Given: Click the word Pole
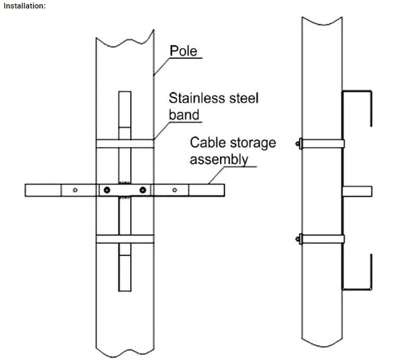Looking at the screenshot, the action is click(x=183, y=51).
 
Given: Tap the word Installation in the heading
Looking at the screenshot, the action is click(x=24, y=6).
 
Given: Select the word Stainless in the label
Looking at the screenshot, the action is click(x=196, y=98).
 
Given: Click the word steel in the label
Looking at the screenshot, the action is click(x=243, y=98).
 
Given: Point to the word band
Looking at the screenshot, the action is click(x=184, y=115).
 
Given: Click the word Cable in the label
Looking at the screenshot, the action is click(x=207, y=142).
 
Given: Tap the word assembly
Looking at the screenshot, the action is click(x=219, y=160).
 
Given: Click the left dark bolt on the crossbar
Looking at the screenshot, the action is click(x=107, y=190).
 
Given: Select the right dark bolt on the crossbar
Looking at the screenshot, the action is click(x=143, y=190).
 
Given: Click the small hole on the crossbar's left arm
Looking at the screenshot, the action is click(x=75, y=190).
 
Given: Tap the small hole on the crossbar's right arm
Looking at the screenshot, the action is click(x=175, y=190).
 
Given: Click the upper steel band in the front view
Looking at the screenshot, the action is click(x=125, y=144).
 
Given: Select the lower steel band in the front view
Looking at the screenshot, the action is click(x=125, y=239).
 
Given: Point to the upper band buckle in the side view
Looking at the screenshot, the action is click(x=299, y=144).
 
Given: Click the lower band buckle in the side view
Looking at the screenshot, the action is click(x=299, y=239).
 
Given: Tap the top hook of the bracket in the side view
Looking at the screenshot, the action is click(x=357, y=91).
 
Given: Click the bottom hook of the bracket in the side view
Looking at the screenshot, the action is click(x=357, y=289).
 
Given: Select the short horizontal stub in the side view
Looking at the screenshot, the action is click(x=357, y=192).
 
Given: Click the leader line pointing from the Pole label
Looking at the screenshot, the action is click(x=161, y=66).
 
